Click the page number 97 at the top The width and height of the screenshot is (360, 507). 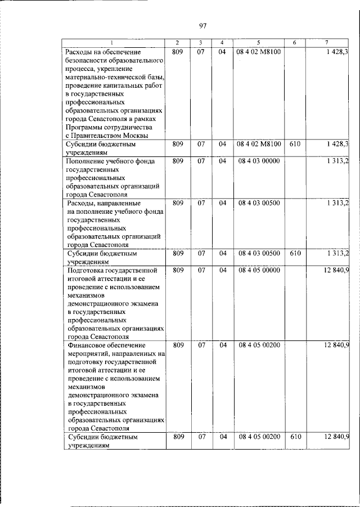[x=203, y=25]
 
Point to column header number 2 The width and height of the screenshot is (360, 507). [x=177, y=43]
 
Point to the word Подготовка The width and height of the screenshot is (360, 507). [x=89, y=271]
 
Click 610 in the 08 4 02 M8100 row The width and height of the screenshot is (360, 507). [x=295, y=145]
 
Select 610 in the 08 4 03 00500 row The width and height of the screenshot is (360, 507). [x=295, y=254]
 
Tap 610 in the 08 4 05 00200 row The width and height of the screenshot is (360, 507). [x=295, y=437]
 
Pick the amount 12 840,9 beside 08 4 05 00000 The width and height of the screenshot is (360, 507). [x=336, y=271]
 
